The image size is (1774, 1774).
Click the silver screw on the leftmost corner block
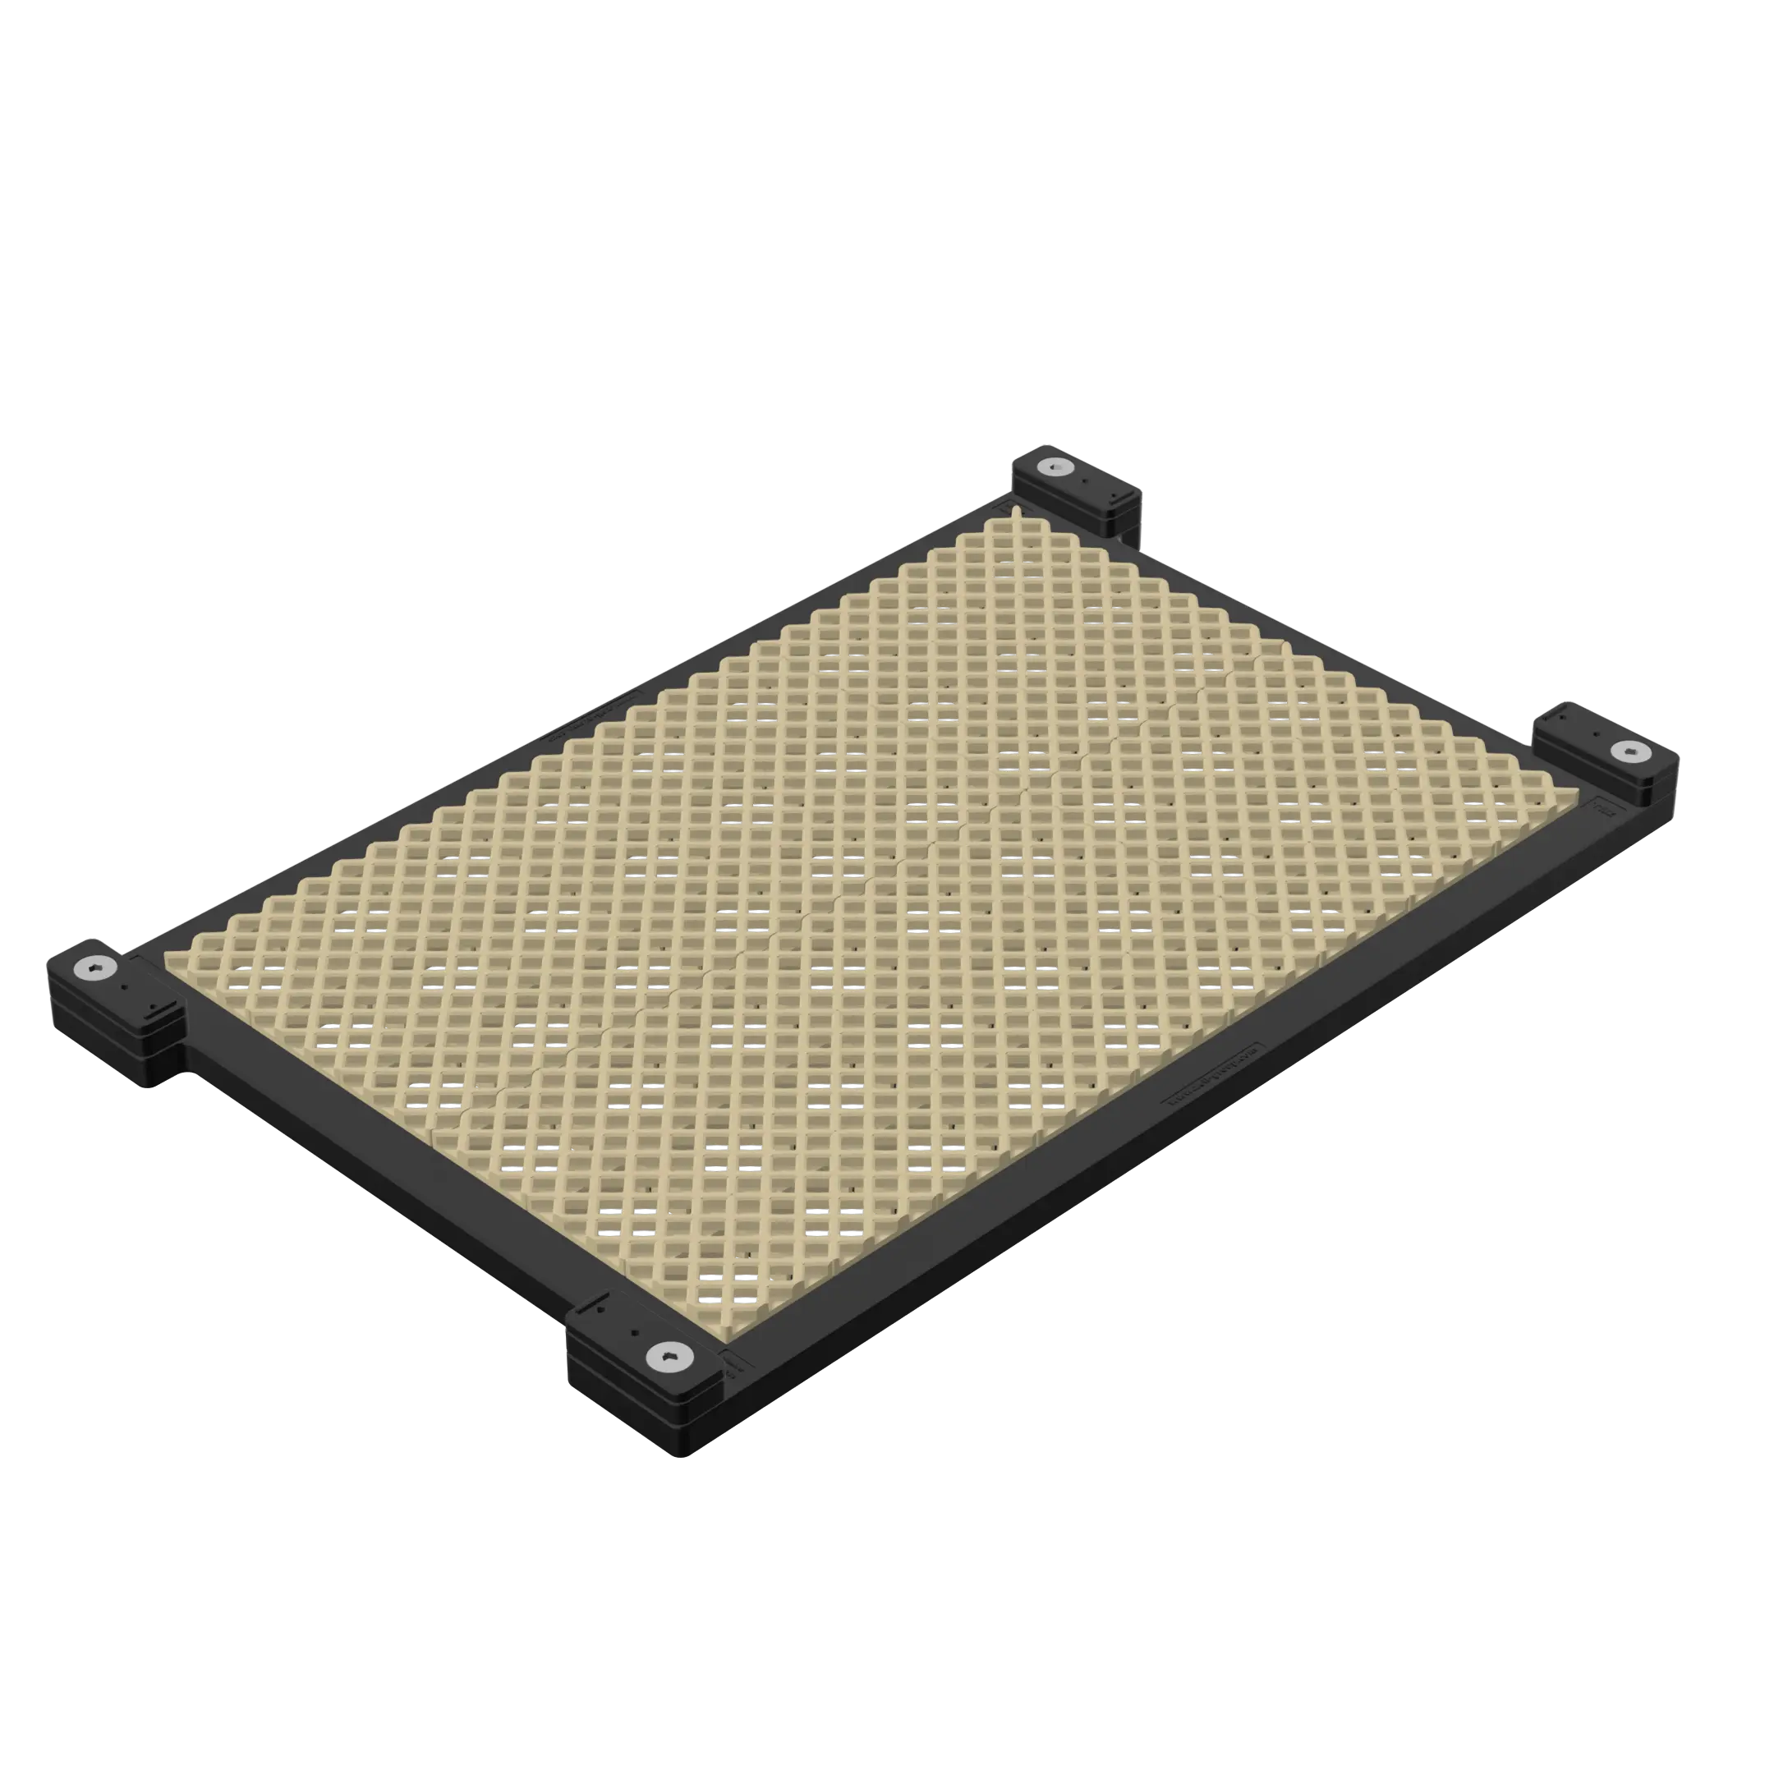click(95, 966)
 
